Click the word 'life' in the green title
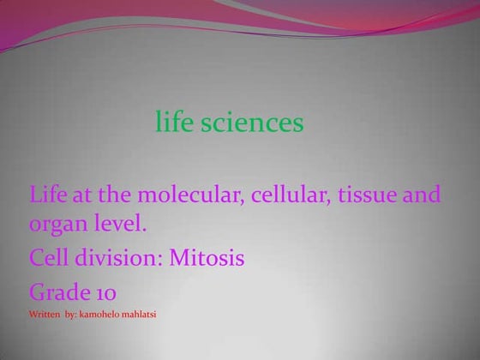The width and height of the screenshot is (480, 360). point(174,123)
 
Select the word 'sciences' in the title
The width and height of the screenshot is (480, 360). point(252,123)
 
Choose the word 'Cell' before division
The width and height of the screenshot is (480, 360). point(50,257)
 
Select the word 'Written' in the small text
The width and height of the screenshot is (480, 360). point(45,315)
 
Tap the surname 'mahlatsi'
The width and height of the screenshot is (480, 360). point(141,315)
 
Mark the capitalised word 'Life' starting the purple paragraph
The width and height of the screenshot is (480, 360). point(48,195)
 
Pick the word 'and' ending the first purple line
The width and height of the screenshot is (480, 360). point(422,195)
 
